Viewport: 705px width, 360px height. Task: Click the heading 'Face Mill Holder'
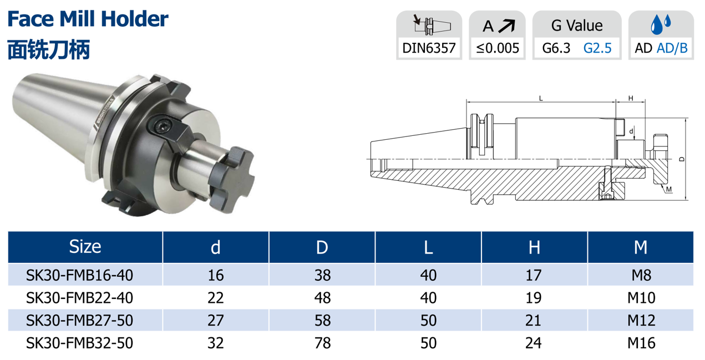point(88,19)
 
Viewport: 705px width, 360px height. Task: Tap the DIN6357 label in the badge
point(429,48)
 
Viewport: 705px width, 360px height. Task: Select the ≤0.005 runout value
point(498,48)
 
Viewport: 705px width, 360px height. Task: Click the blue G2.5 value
point(597,48)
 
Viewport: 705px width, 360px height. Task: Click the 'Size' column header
point(85,246)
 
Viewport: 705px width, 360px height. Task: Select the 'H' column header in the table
point(534,247)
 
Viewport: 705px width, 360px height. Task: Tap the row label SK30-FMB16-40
point(79,275)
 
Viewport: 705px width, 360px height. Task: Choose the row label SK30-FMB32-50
point(79,343)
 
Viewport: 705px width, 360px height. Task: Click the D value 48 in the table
point(322,298)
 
